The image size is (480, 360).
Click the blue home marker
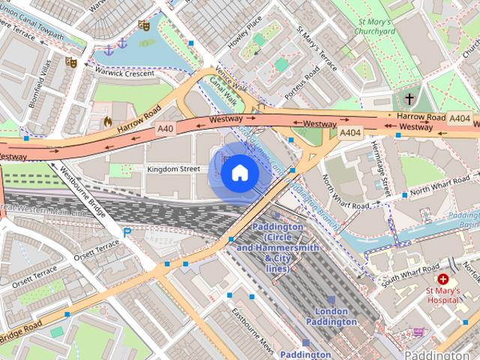(x=240, y=173)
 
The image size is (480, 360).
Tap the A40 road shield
(x=166, y=129)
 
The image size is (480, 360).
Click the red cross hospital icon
(x=444, y=278)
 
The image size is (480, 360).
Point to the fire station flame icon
(x=108, y=121)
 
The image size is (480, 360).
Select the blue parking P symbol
(x=127, y=233)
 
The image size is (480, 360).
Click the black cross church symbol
(x=409, y=99)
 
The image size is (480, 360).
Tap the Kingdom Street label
(x=173, y=169)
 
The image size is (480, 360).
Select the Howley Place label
(x=244, y=32)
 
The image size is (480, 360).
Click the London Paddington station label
(x=331, y=316)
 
